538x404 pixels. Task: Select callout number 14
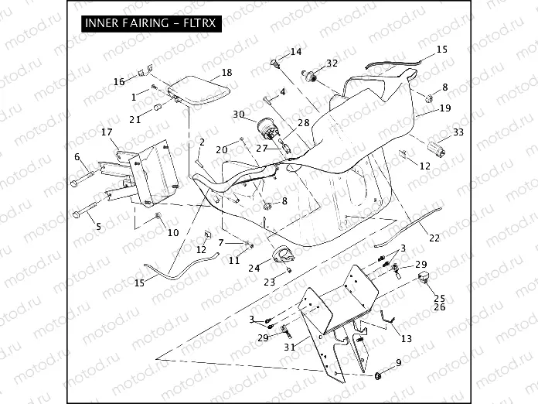coord(296,52)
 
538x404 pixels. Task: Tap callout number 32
coord(332,63)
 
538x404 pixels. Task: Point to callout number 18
coord(226,72)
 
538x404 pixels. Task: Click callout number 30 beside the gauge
coord(238,115)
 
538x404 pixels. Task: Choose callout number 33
coord(458,132)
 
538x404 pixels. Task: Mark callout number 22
coord(434,237)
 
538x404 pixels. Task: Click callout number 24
coord(254,268)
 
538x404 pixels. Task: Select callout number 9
coord(399,362)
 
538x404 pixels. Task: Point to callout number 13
coord(407,337)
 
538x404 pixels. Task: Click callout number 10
coord(173,232)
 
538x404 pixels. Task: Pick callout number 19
coord(445,108)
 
